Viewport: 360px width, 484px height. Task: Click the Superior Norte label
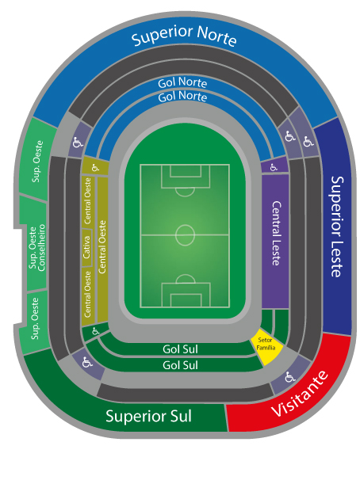[184, 36]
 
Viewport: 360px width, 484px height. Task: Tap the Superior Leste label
[337, 227]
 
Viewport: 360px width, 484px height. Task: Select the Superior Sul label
[148, 417]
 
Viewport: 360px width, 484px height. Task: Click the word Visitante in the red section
[300, 393]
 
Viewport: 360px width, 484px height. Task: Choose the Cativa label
[86, 247]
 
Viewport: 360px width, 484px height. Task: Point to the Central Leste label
[276, 234]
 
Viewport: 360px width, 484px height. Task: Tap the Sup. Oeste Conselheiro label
[36, 248]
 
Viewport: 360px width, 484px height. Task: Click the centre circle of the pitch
[185, 235]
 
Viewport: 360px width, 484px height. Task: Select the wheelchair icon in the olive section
[95, 168]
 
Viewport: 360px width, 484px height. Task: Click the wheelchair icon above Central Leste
[274, 167]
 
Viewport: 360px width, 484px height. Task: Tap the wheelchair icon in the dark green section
[96, 331]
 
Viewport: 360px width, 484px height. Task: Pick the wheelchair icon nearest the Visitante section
[289, 376]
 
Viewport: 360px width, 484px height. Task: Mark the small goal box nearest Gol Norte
[186, 170]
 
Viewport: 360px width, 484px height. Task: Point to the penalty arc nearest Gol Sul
[186, 278]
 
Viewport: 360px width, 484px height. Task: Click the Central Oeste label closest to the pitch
[102, 246]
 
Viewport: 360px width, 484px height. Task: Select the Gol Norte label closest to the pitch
[182, 97]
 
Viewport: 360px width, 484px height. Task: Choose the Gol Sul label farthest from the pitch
[180, 365]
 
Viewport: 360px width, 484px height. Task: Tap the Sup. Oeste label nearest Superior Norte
[37, 161]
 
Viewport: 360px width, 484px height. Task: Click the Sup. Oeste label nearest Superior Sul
[35, 318]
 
